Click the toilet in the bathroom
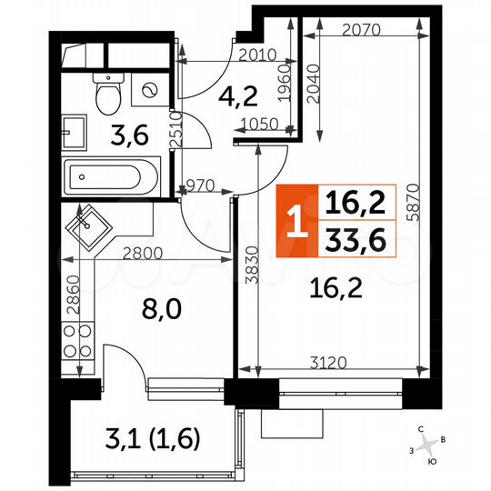[108, 91]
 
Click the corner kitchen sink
[88, 224]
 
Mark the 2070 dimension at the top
[361, 29]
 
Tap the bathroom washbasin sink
[72, 128]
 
